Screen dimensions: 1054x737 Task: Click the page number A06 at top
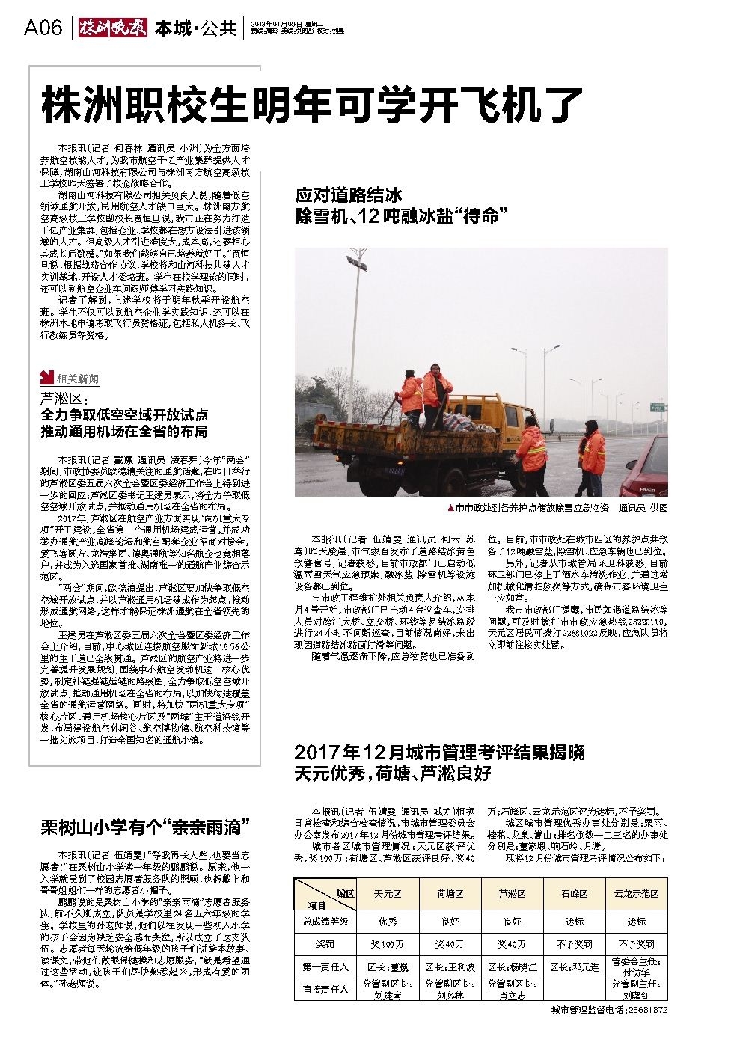click(42, 28)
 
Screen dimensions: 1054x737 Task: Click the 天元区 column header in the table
click(388, 894)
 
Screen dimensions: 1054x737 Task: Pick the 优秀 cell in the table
click(388, 922)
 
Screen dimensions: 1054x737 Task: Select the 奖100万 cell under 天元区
click(388, 944)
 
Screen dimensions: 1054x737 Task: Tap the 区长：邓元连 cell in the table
click(575, 967)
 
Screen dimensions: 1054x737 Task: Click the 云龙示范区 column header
click(636, 894)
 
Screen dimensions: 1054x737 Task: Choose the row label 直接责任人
click(325, 989)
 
